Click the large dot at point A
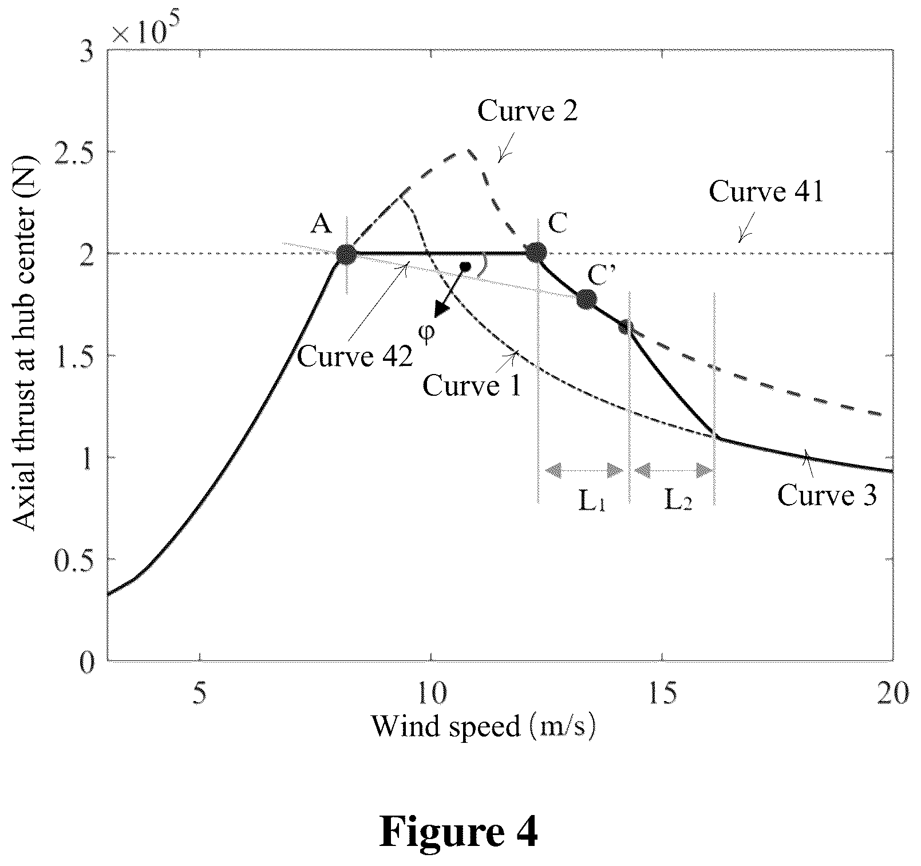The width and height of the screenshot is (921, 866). (x=346, y=254)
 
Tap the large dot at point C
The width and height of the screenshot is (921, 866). (x=536, y=251)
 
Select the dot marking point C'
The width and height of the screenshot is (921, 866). (x=587, y=299)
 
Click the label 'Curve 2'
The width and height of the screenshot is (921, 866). (x=527, y=111)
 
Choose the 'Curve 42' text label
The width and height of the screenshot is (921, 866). (x=355, y=356)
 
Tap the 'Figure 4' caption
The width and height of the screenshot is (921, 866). (x=459, y=833)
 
